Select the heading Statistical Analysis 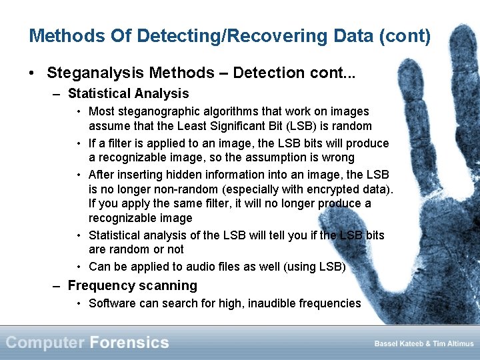[129, 94]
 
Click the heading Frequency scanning [133, 286]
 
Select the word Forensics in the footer [129, 343]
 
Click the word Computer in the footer [45, 343]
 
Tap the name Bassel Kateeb [394, 343]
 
